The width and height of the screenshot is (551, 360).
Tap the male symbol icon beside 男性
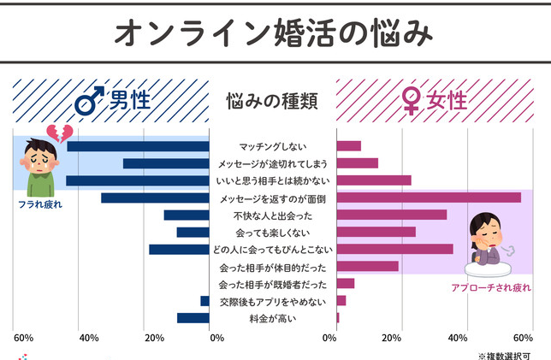88,103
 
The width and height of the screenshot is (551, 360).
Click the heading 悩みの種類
272,102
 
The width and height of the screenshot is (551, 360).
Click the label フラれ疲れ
40,205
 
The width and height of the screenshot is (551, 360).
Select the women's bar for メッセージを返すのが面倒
429,198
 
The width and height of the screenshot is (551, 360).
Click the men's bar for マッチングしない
138,146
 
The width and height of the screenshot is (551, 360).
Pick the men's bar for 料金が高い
193,318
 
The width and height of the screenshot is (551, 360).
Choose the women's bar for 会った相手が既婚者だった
346,283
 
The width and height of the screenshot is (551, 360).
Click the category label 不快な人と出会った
273,215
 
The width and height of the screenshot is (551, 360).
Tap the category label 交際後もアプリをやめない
272,301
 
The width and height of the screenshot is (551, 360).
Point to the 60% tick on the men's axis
22,338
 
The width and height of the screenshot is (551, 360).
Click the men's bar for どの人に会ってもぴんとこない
179,249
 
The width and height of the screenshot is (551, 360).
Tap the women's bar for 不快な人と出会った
392,215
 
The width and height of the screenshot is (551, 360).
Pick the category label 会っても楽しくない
273,232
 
